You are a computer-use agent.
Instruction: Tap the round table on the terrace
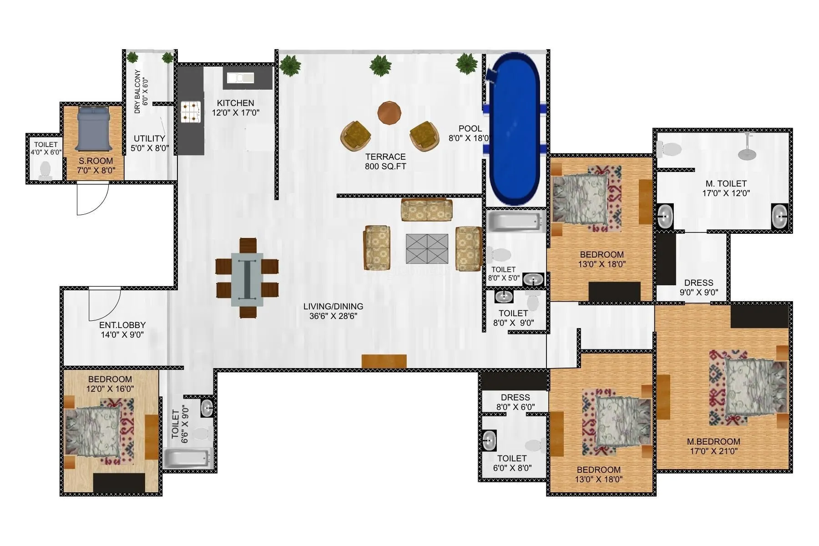click(389, 113)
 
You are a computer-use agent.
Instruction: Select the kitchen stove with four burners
click(191, 112)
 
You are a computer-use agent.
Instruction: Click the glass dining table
click(247, 279)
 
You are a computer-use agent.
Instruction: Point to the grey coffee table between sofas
click(427, 248)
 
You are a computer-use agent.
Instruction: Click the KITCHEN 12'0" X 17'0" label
click(235, 108)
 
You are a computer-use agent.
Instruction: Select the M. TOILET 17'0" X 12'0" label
click(726, 188)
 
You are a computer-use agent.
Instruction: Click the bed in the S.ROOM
click(93, 129)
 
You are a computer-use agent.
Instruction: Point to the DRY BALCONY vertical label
click(141, 91)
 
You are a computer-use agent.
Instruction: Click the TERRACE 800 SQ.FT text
click(385, 162)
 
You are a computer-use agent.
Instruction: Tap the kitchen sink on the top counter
click(240, 78)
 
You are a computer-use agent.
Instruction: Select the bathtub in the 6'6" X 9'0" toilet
click(188, 459)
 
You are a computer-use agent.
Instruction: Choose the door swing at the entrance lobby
click(104, 304)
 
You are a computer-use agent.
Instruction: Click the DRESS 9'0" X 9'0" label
click(698, 288)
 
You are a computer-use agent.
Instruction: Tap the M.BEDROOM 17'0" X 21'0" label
click(713, 446)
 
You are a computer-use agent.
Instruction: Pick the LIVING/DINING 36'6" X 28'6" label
click(333, 311)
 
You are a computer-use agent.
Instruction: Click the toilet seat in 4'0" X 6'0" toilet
click(45, 170)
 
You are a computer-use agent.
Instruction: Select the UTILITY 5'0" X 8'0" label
click(149, 143)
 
